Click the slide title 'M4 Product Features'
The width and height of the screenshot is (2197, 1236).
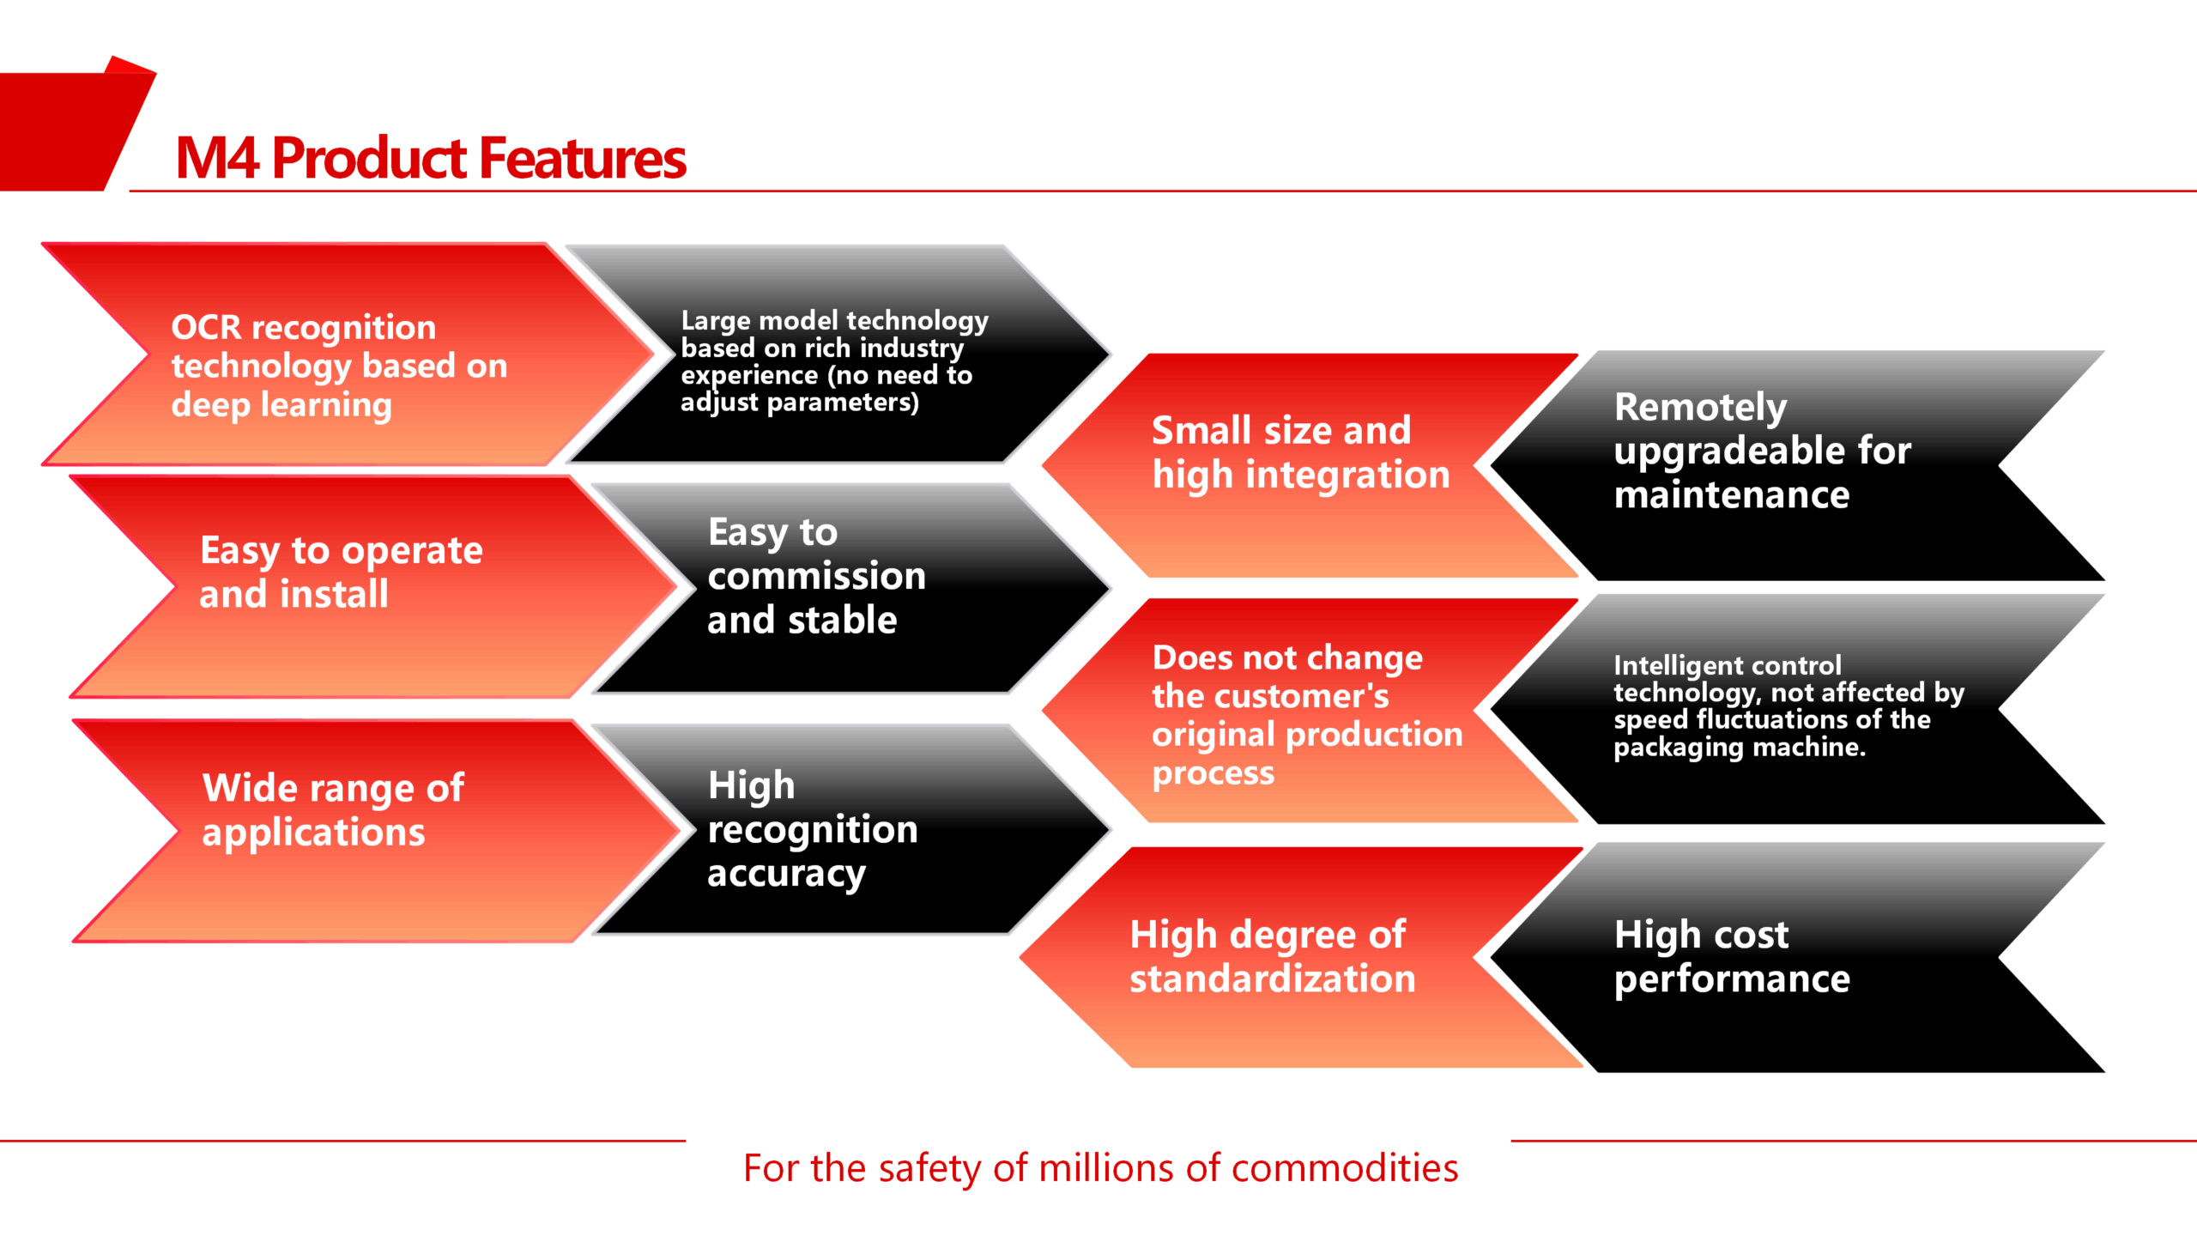tap(431, 159)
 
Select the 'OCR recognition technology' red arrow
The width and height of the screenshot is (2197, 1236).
tap(348, 354)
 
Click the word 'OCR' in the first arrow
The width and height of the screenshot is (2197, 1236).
tap(206, 327)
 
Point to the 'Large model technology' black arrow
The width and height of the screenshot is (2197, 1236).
tap(837, 354)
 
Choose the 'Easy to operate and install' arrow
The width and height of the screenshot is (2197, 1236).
tap(373, 587)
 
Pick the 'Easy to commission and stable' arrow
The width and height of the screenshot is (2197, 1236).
tap(850, 588)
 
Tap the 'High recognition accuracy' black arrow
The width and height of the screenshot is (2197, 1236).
tap(850, 829)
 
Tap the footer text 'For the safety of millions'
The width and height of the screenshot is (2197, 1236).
tap(1101, 1169)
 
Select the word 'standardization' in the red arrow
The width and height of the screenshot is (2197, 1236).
tap(1273, 979)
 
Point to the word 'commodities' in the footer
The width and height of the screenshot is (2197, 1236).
tap(1345, 1168)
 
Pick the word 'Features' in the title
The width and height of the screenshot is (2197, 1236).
tap(583, 159)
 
